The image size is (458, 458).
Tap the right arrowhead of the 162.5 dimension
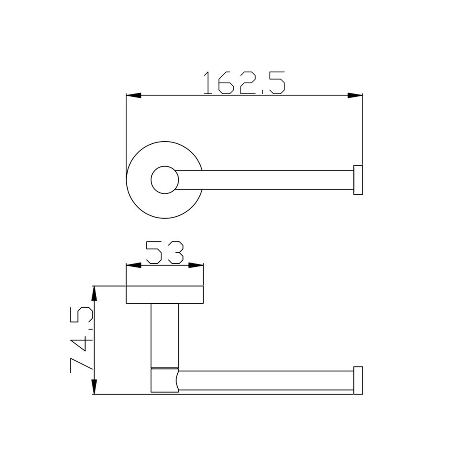355,95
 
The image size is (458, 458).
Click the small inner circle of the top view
165,180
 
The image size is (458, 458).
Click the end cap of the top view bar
358,180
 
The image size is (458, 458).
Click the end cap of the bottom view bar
358,380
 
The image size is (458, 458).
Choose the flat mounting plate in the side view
165,295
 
